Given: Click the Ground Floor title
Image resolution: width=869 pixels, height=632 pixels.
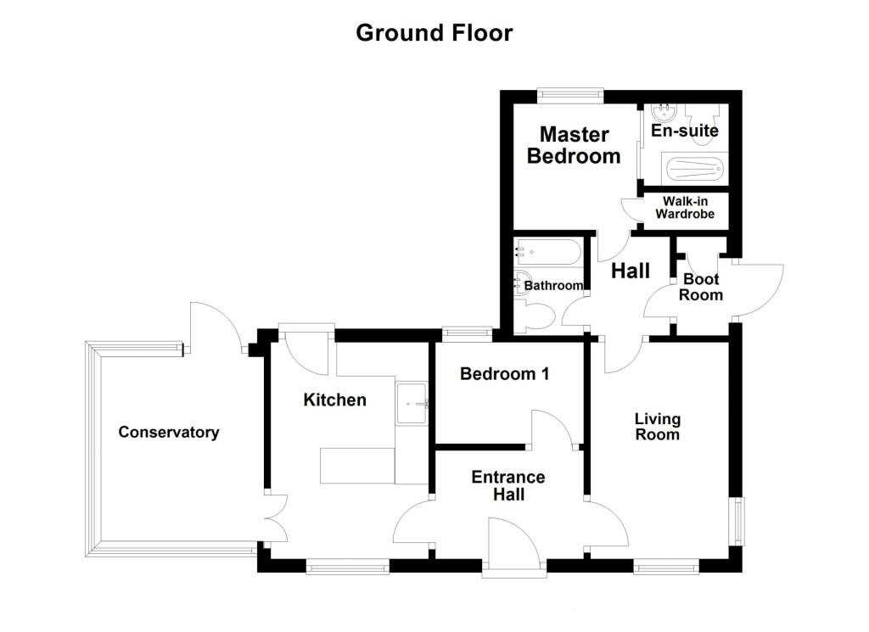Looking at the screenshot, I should click(434, 33).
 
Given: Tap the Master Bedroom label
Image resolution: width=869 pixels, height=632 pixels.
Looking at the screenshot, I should click(575, 145).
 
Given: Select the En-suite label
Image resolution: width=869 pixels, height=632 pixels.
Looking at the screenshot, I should click(684, 131).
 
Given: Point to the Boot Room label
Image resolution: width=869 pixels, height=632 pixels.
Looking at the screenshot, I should click(701, 287).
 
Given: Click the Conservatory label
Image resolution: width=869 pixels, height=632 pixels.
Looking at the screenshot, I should click(168, 433).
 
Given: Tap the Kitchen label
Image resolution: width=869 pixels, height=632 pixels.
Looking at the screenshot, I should click(335, 400).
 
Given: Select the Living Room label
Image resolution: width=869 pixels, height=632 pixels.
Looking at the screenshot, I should click(658, 427).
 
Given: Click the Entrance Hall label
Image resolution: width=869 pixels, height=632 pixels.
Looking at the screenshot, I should click(508, 486).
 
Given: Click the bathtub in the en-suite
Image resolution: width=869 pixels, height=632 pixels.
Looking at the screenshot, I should click(694, 170).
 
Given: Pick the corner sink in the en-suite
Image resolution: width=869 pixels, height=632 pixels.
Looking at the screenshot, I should click(660, 114).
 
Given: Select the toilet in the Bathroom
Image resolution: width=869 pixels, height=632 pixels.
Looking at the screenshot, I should click(536, 317).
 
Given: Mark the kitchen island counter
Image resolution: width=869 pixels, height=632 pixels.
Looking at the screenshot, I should click(357, 466).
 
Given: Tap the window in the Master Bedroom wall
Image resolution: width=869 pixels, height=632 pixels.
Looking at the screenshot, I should click(569, 95).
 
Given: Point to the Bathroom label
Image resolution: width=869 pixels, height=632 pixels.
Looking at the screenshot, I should click(554, 286).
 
